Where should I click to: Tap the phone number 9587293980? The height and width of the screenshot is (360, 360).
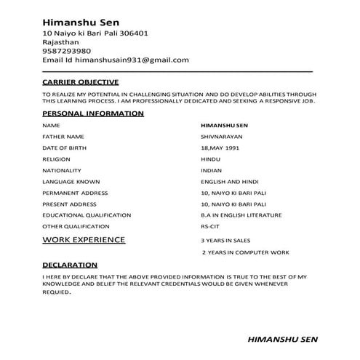pyautogui.click(x=67, y=51)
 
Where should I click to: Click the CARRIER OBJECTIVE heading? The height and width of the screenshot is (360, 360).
pyautogui.click(x=80, y=82)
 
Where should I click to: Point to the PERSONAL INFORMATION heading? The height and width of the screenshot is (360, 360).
pyautogui.click(x=93, y=114)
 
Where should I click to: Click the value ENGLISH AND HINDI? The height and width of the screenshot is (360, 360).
pyautogui.click(x=230, y=182)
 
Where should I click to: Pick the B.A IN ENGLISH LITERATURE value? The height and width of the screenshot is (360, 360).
pyautogui.click(x=241, y=215)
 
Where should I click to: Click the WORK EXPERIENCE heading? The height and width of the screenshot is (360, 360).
pyautogui.click(x=84, y=239)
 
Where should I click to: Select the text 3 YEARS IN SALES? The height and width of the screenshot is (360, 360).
pyautogui.click(x=226, y=240)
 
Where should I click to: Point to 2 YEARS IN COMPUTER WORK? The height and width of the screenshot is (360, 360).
pyautogui.click(x=245, y=252)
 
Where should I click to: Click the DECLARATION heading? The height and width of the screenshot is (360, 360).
pyautogui.click(x=70, y=265)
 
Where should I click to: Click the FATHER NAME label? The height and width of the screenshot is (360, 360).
pyautogui.click(x=63, y=136)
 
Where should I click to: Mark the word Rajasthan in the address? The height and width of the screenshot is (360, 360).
pyautogui.click(x=61, y=42)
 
